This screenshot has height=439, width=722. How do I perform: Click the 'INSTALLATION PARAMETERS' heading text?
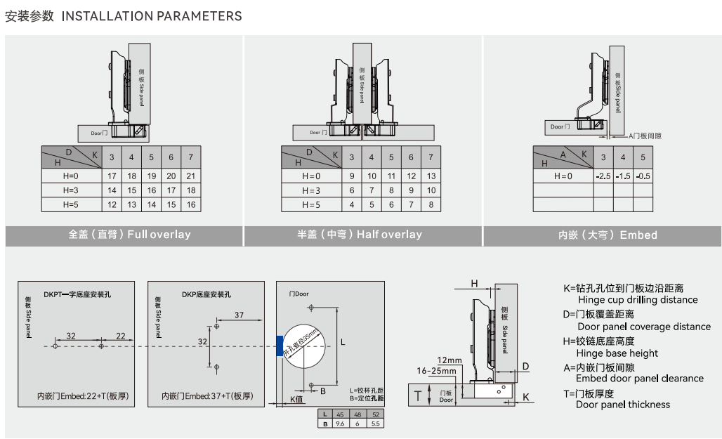(152, 16)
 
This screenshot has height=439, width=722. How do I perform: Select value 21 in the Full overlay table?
(190, 176)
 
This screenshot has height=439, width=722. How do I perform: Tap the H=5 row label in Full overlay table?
(71, 204)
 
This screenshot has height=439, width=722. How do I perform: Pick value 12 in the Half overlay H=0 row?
(411, 176)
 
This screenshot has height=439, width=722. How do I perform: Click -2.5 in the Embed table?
(603, 176)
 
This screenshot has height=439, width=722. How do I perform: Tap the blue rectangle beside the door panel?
(280, 346)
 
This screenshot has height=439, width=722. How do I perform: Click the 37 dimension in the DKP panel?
(239, 315)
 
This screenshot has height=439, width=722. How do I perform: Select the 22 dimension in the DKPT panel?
(121, 336)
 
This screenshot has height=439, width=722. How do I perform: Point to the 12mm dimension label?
(445, 360)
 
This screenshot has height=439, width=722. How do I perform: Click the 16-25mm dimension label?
(435, 370)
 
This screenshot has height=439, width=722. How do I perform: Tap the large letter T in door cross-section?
(419, 395)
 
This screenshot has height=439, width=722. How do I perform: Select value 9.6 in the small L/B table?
(341, 424)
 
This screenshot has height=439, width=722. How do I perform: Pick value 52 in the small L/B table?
(375, 414)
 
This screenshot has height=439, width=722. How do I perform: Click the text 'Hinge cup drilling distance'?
(638, 300)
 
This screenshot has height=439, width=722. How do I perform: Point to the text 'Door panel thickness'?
(623, 405)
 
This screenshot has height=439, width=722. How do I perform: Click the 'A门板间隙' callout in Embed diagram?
(645, 136)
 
